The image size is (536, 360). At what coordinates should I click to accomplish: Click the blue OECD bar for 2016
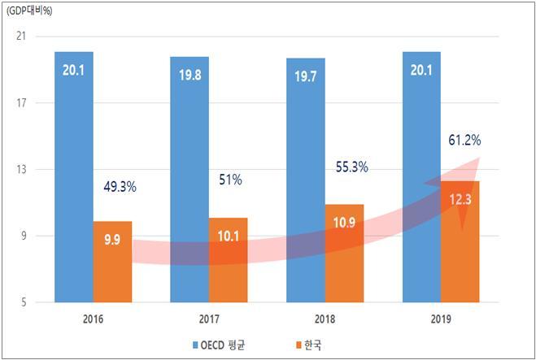tap(73, 179)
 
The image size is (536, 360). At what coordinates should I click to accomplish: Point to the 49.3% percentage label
tap(120, 187)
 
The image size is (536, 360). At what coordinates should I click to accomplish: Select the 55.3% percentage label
tap(351, 167)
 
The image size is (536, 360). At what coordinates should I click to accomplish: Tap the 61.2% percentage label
tap(464, 141)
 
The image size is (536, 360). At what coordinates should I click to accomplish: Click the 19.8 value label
tap(189, 76)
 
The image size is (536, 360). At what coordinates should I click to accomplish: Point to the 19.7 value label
tap(305, 77)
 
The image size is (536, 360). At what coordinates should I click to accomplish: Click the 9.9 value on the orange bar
tap(112, 239)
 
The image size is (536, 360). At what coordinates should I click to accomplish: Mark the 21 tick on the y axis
tap(21, 37)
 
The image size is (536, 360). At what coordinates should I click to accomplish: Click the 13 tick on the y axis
tap(21, 170)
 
